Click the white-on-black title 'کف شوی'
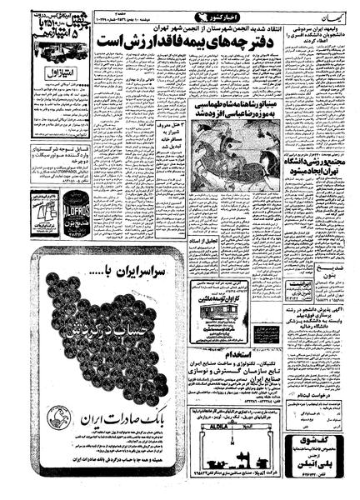click(x=321, y=436)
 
